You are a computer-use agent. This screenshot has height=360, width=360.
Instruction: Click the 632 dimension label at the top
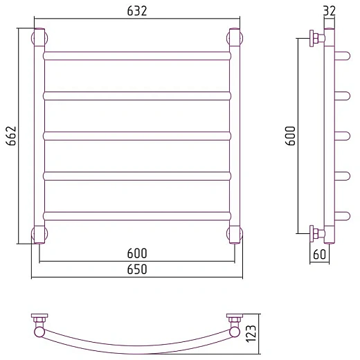[137, 11]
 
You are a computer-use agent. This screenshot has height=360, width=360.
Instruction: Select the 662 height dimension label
[11, 136]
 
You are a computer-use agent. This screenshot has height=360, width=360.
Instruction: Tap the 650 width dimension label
[137, 269]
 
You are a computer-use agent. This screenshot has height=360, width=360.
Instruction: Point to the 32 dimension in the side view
[330, 11]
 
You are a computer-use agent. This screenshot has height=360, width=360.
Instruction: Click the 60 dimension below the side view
[320, 254]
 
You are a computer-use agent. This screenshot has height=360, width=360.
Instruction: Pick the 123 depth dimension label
[251, 334]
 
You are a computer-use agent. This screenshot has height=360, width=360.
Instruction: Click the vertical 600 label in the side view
[290, 136]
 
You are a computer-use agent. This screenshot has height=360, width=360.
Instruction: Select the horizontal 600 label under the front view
[137, 253]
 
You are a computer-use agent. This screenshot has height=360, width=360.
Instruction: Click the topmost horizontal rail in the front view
[137, 56]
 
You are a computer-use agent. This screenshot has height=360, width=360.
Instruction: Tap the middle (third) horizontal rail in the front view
[137, 136]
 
